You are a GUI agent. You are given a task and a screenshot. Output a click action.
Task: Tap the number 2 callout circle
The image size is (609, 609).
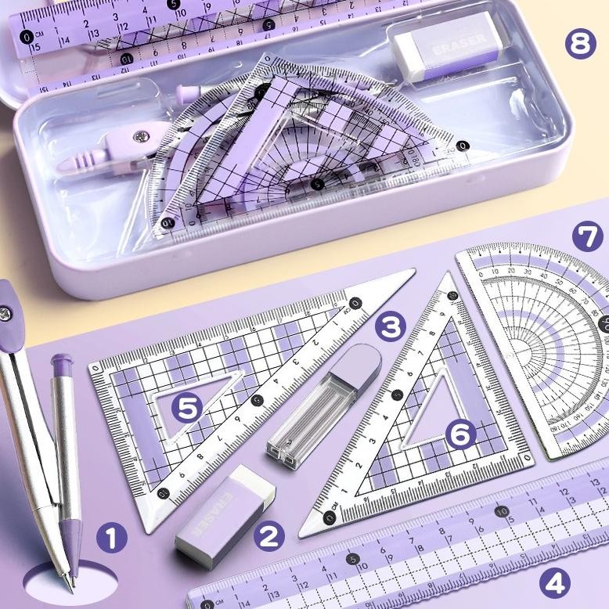tap(268, 536)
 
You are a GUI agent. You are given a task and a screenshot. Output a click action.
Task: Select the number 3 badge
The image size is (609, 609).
tap(389, 326)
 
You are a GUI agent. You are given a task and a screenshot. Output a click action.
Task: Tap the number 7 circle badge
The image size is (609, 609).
tap(587, 237)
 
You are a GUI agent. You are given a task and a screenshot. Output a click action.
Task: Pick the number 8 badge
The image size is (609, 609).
tap(579, 44)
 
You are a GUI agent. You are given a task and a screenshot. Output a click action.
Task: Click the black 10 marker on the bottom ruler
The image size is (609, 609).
tap(499, 514)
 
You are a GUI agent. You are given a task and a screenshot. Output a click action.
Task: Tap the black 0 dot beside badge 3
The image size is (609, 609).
tap(355, 303)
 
